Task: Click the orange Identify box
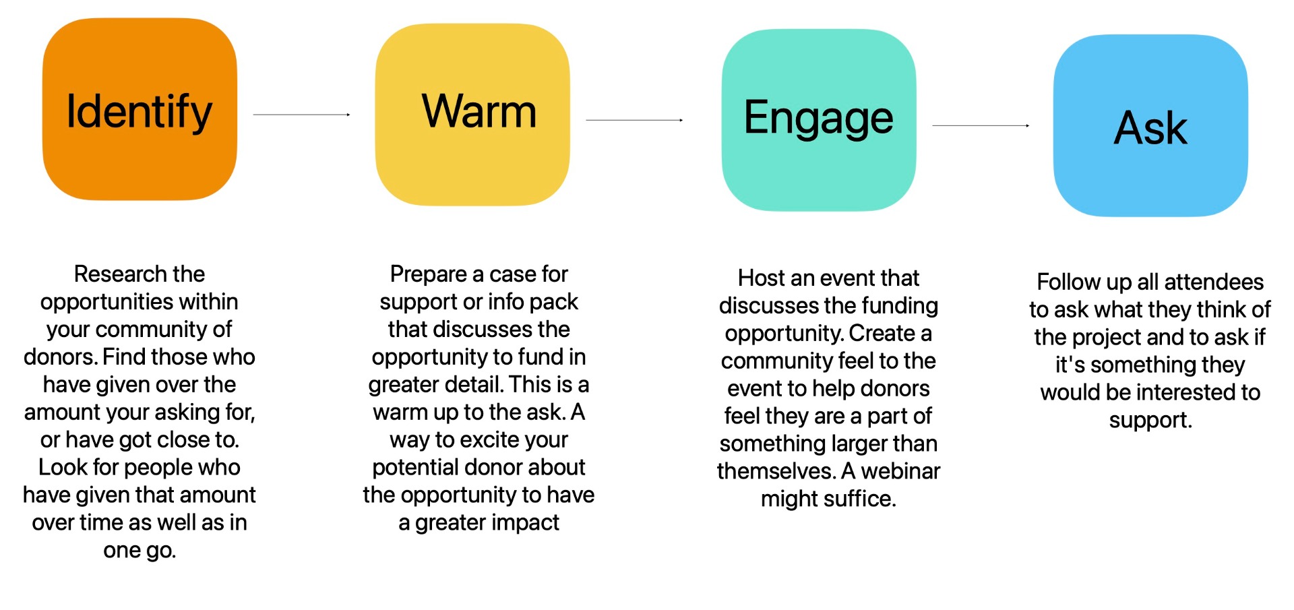[x=140, y=109]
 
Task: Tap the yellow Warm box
[x=472, y=115]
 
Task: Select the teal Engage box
[x=819, y=120]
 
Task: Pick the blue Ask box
[x=1150, y=125]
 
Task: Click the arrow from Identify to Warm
[x=302, y=115]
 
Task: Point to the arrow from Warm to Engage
[x=635, y=120]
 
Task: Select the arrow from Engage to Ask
[x=981, y=125]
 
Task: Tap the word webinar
[x=900, y=471]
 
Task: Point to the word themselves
[x=776, y=471]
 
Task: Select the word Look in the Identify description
[x=60, y=468]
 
